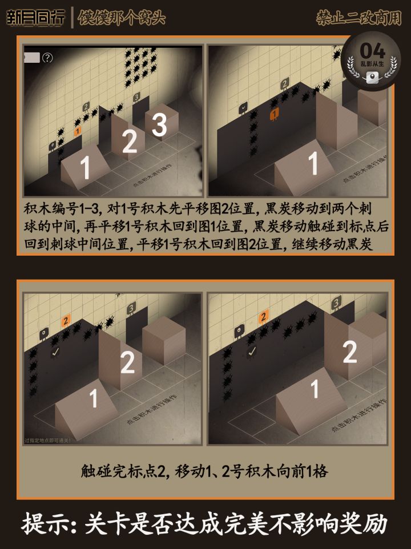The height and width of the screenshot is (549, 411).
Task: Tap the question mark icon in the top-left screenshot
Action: point(47,57)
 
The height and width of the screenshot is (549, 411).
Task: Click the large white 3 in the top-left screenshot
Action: point(160,125)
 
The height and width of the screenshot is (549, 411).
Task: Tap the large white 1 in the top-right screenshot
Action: point(313,164)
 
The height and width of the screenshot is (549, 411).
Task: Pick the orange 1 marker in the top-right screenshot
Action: point(274,114)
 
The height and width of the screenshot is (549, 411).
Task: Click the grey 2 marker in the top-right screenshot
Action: point(284,85)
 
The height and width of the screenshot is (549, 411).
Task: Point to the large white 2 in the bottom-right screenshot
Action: point(349,352)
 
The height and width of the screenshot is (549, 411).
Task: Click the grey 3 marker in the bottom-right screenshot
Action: point(336,300)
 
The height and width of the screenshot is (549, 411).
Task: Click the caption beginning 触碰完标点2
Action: point(204,471)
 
